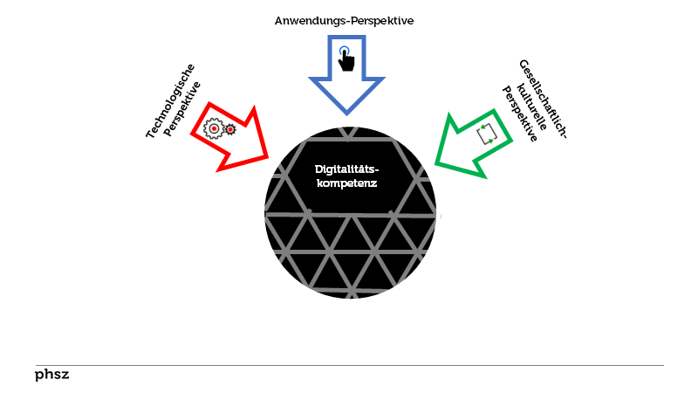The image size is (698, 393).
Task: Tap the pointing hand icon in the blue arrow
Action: click(346, 59)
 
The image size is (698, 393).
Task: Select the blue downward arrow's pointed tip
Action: click(346, 113)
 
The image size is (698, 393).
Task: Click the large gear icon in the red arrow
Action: click(213, 129)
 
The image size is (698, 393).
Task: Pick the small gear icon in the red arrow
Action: click(230, 130)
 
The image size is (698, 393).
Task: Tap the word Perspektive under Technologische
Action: click(183, 110)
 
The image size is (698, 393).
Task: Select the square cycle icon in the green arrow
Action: click(487, 134)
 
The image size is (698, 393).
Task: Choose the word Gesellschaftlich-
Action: click(544, 98)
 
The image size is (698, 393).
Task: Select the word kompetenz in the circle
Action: click(346, 183)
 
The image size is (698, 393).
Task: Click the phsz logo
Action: click(51, 375)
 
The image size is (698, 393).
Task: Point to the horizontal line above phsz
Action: click(349, 365)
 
